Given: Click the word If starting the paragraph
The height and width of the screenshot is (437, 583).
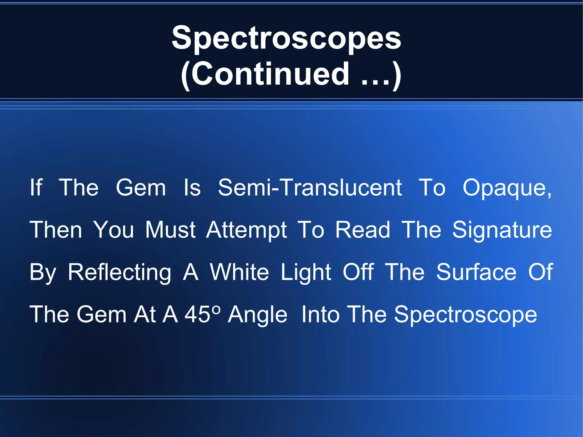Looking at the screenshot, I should tap(36, 188).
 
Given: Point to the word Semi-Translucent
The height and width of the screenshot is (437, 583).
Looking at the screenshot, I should tap(310, 188).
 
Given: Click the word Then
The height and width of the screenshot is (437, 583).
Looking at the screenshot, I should tap(56, 230).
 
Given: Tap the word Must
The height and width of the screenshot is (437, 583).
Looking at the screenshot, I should tap(170, 230).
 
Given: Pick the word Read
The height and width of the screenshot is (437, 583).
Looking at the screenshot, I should tap(362, 230).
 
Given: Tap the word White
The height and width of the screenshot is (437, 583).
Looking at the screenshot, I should tap(239, 272).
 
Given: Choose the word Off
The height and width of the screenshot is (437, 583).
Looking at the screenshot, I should tap(358, 272).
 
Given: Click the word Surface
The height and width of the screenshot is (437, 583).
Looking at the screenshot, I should tap(476, 272).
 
